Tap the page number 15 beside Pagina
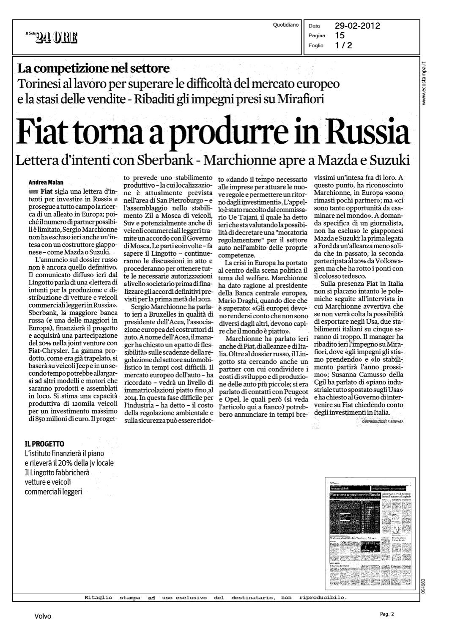340,36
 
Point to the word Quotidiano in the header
286,25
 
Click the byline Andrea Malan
46,183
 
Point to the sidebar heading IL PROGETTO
44,444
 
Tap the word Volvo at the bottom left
43,616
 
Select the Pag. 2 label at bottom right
386,614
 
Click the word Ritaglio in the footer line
98,598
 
